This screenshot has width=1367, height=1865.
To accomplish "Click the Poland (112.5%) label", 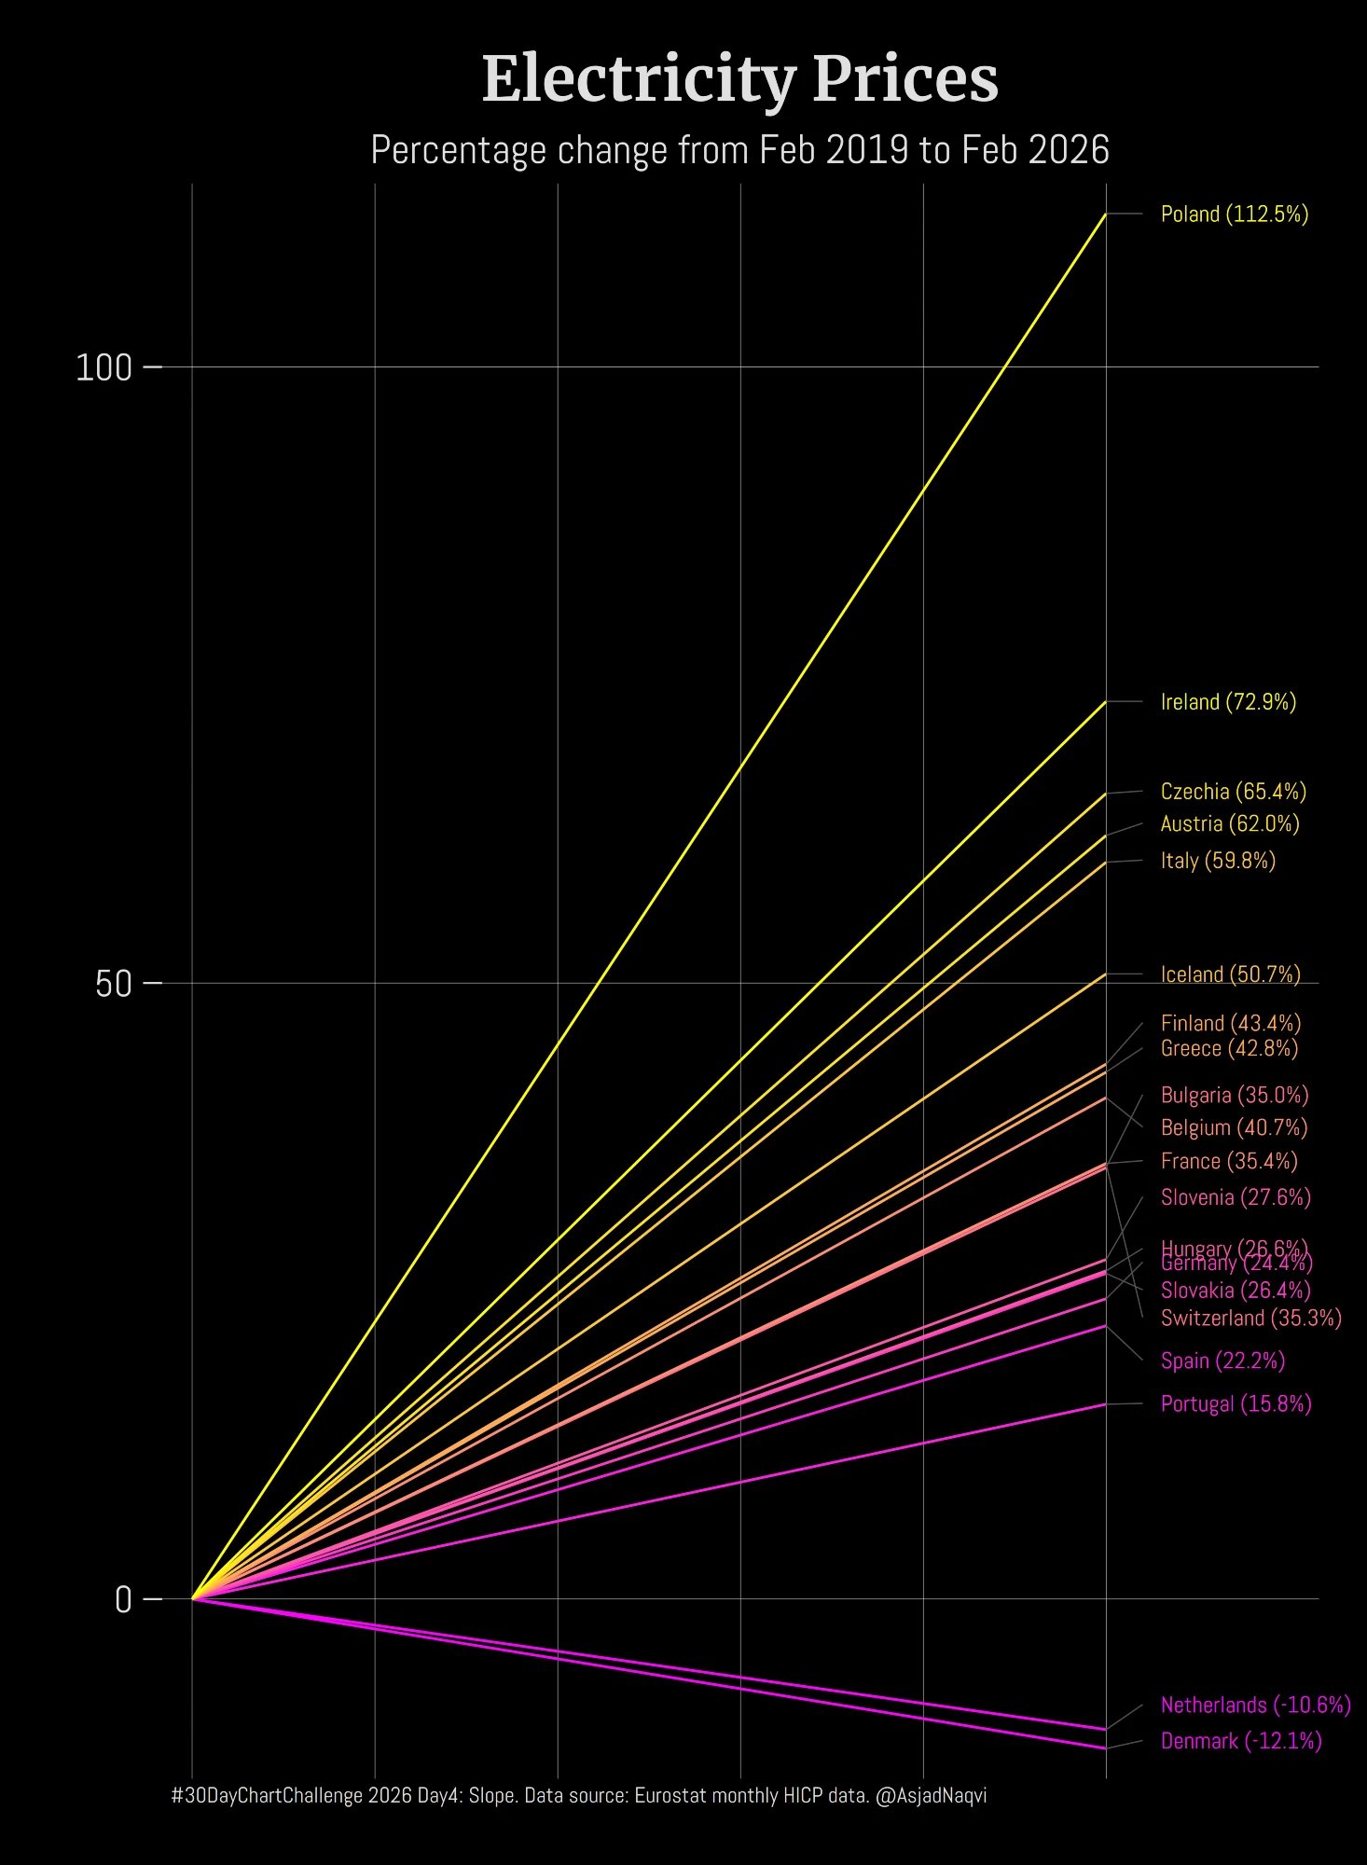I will [x=1234, y=214].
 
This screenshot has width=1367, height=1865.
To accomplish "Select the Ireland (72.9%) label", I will [x=1228, y=702].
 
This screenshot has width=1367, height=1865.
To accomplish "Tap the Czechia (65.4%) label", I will [x=1233, y=792].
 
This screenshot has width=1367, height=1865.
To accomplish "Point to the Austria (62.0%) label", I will [x=1229, y=823].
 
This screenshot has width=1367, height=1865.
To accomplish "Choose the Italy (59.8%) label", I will [x=1217, y=860].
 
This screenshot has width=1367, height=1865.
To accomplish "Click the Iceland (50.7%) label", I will [x=1230, y=974].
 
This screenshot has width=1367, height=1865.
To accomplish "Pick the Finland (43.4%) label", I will [x=1230, y=1023].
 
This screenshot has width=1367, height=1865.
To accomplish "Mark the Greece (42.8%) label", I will [x=1229, y=1048].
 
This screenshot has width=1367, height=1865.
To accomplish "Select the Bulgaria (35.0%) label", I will [x=1234, y=1095].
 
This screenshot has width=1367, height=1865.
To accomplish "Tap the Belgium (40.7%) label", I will [x=1234, y=1127].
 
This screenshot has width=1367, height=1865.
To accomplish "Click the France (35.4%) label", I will [x=1229, y=1161].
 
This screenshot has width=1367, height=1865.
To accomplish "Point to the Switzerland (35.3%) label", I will [x=1250, y=1318].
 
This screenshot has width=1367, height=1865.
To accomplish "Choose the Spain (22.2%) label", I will [x=1222, y=1361].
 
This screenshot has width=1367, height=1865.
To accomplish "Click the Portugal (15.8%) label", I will [x=1236, y=1403].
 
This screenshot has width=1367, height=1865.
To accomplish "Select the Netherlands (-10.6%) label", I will [x=1255, y=1705].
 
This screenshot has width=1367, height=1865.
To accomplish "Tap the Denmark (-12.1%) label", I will [x=1240, y=1741].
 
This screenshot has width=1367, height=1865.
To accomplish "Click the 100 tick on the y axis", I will [x=104, y=368].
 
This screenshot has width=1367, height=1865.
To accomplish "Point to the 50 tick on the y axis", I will [x=114, y=984].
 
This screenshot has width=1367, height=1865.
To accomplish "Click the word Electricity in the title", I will [x=638, y=79].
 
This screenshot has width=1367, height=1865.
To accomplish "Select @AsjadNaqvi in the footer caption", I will [x=931, y=1795].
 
